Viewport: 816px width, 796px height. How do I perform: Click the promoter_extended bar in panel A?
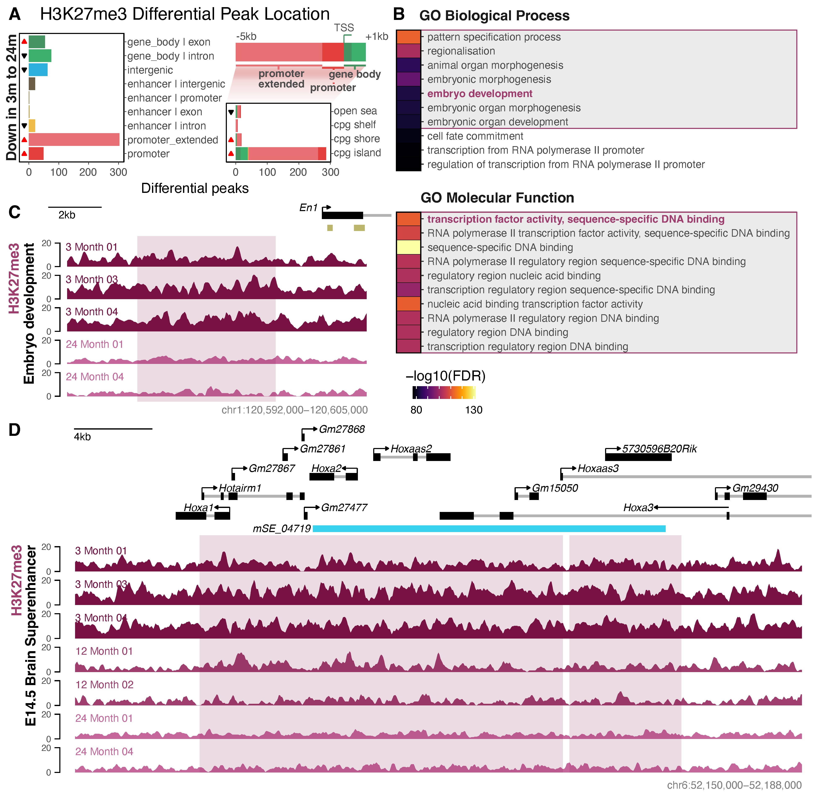(x=74, y=140)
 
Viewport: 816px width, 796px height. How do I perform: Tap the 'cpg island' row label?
(x=357, y=153)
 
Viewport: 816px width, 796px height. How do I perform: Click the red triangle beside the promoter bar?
(x=24, y=153)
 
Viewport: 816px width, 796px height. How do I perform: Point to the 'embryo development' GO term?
(x=479, y=94)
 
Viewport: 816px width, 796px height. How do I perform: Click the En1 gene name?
(x=308, y=208)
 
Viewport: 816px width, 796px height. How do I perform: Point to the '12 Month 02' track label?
(x=104, y=685)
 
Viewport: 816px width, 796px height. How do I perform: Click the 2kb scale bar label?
(x=67, y=215)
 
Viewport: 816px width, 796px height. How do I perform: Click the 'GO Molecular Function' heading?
(x=497, y=198)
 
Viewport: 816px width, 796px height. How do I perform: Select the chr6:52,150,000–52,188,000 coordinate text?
(x=734, y=786)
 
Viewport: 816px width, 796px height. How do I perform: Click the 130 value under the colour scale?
(x=474, y=410)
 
